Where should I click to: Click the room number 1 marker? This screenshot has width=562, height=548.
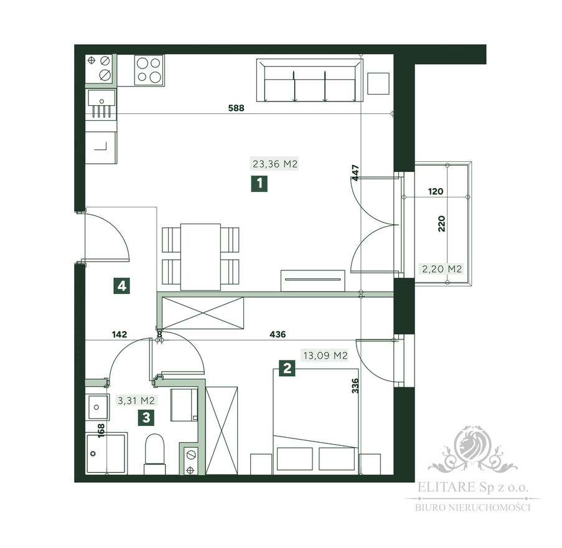click(259, 184)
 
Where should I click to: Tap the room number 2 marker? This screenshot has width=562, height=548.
click(287, 368)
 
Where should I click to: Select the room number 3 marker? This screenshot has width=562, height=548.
click(146, 418)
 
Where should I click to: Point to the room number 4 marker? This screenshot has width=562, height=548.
click(122, 286)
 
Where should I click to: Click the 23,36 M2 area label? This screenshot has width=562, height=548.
click(275, 164)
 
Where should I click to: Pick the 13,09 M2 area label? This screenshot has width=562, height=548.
click(325, 356)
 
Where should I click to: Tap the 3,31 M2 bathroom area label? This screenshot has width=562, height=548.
click(136, 400)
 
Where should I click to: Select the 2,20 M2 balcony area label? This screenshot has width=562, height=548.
click(442, 268)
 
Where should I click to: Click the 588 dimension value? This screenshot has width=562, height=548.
click(237, 108)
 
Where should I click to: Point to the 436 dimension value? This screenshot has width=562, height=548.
click(278, 334)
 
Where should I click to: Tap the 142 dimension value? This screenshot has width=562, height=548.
click(119, 334)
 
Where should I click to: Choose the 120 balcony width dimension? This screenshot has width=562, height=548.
click(436, 191)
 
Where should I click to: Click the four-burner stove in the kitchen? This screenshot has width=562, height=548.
click(149, 70)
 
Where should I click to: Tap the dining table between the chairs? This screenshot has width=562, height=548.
click(200, 257)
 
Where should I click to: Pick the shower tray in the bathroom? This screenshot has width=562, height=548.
click(106, 453)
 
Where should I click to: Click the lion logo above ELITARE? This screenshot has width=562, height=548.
click(472, 449)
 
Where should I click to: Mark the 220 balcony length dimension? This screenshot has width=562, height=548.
click(442, 224)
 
